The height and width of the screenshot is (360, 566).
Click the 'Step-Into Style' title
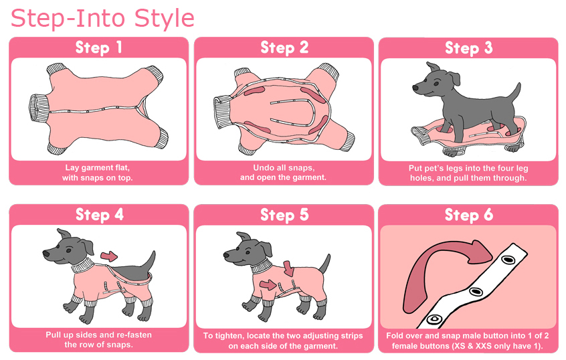tap(102, 19)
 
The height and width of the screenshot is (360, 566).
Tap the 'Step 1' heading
tap(98, 48)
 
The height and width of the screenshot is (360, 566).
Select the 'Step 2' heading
tap(284, 48)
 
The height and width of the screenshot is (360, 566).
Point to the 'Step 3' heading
tap(468, 48)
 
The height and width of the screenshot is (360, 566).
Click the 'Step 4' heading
tap(99, 215)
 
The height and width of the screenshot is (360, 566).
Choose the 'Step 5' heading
tap(284, 215)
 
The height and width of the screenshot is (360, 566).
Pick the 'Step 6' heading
tap(468, 215)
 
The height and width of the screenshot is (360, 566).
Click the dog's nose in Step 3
tap(415, 88)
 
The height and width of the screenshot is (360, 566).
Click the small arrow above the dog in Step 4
tap(108, 256)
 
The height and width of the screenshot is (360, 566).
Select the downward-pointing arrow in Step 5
tap(289, 268)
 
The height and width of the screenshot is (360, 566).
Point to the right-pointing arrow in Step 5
tap(268, 285)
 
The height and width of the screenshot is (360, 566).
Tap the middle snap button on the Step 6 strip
tap(476, 291)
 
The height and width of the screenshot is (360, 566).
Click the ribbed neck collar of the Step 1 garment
tap(38, 108)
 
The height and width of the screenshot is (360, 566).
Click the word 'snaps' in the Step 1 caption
tap(95, 178)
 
